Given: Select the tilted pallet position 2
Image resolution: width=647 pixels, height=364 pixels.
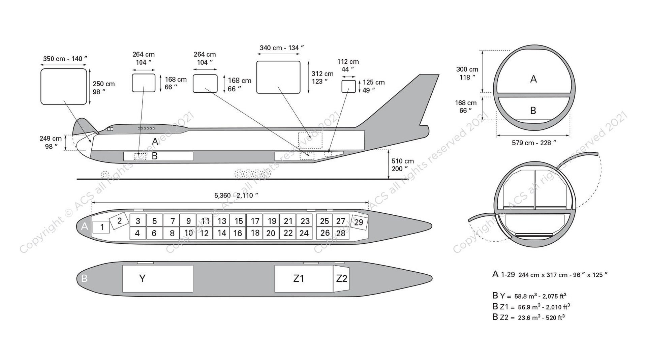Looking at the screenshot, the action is [x=119, y=221].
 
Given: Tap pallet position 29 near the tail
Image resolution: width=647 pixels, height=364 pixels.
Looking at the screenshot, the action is [x=359, y=222].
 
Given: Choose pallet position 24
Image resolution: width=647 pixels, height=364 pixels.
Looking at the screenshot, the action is [x=304, y=233].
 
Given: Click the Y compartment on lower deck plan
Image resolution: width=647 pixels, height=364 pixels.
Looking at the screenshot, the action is [x=158, y=279].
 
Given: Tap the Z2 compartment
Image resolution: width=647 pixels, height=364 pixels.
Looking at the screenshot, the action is [x=341, y=279].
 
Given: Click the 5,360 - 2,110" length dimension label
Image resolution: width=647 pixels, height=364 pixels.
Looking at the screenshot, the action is [x=236, y=195].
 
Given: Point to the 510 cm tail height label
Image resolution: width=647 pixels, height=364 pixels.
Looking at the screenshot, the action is [x=402, y=165].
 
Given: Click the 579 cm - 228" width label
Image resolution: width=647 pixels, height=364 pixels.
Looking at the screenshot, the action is [x=534, y=143].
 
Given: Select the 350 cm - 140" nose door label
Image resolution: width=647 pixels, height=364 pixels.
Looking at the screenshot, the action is [x=65, y=59].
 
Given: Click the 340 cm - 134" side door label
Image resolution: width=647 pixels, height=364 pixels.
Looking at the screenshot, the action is [x=282, y=48].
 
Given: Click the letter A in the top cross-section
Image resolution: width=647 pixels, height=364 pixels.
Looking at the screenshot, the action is [x=533, y=79].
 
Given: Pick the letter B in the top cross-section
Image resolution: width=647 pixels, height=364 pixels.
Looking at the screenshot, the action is [x=533, y=111].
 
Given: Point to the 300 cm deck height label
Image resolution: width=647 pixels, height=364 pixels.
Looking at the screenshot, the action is [x=467, y=73].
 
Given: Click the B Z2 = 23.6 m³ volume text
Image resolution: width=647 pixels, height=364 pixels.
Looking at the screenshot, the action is [x=528, y=317].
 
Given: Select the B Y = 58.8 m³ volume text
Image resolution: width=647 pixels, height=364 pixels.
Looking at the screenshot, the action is [x=529, y=296].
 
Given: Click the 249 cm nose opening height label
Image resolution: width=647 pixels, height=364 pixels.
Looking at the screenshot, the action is [x=51, y=142].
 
